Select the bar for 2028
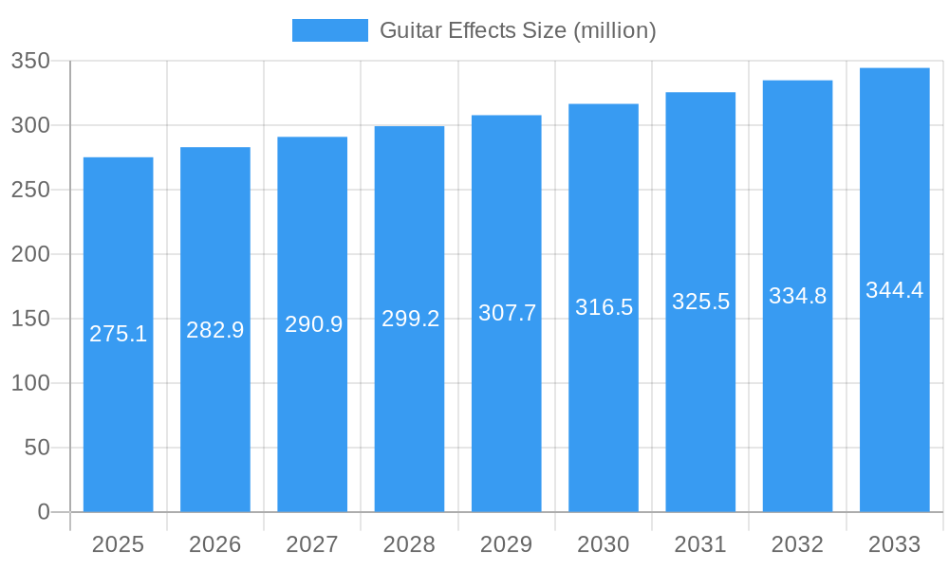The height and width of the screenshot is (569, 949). pos(409,398)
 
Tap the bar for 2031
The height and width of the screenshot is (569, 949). pos(700,398)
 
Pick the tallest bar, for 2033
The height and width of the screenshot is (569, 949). pos(894,398)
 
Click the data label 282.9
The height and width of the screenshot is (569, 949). pos(215,330)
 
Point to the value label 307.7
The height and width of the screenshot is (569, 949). pos(507,313)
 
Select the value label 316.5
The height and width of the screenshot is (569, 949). pos(604,307)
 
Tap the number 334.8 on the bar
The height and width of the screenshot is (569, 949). pos(797,296)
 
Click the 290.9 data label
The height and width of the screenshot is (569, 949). pos(312,324)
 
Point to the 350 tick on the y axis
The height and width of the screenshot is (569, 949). pos(30,62)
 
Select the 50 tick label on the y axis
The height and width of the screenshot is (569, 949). pos(37,448)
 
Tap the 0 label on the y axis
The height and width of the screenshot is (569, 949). pos(44,512)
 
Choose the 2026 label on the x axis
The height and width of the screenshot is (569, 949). pos(215,544)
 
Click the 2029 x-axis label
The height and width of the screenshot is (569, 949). pos(507,544)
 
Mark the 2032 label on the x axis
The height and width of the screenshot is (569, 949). pos(797,544)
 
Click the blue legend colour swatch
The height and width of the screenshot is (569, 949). pos(329,30)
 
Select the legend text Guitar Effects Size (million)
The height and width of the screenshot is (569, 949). pos(517,30)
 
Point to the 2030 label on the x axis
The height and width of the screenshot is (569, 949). pos(604,544)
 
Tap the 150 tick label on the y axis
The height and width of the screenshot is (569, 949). pos(30,319)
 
